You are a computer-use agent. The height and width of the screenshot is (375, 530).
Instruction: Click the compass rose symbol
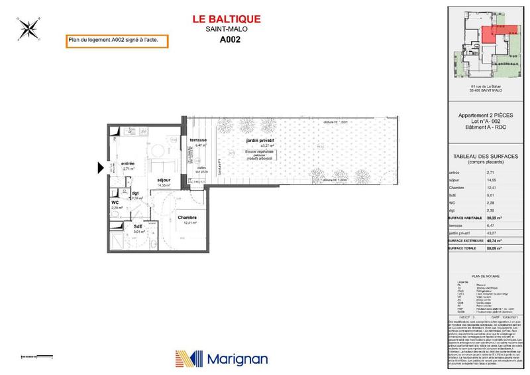click(28, 28)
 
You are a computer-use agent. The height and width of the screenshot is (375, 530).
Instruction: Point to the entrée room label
click(128, 163)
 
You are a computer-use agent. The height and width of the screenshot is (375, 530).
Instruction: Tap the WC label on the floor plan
click(115, 202)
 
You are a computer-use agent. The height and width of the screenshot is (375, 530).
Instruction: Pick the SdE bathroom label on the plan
click(139, 227)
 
